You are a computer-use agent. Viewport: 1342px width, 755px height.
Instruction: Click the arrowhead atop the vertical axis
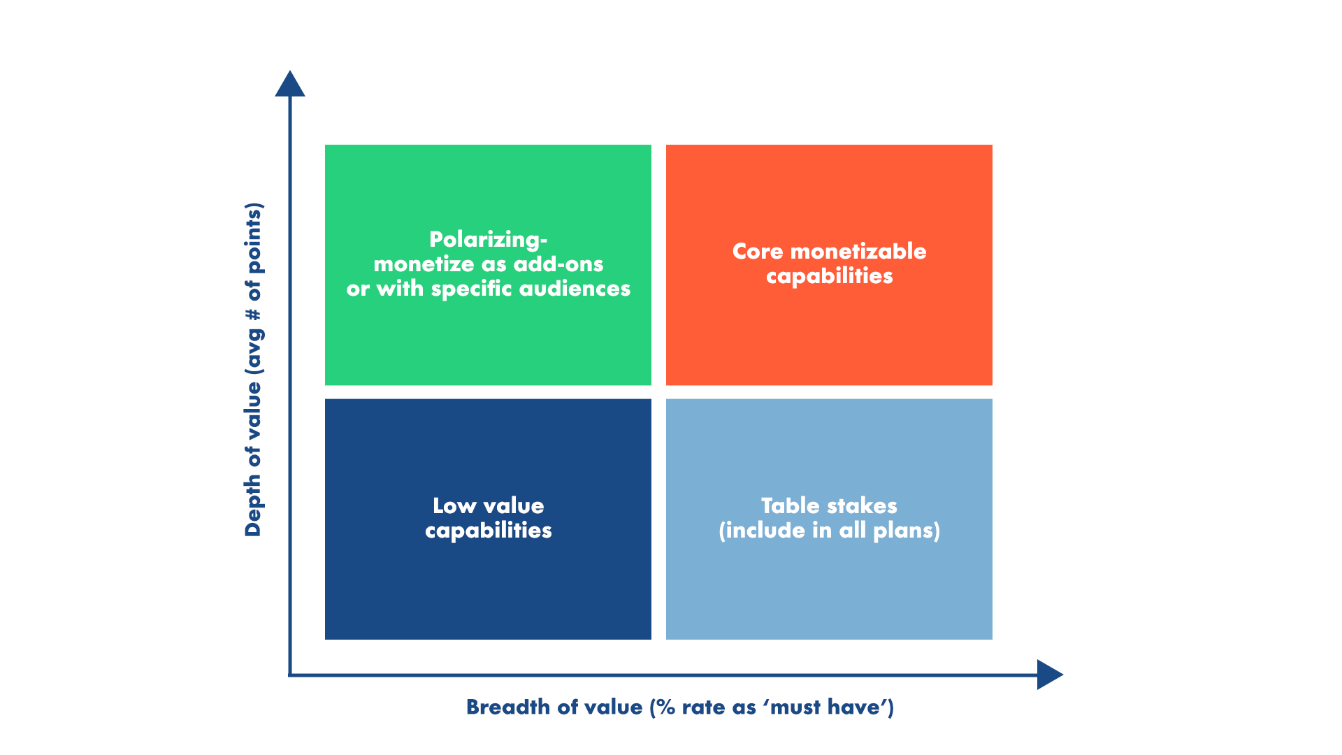click(290, 85)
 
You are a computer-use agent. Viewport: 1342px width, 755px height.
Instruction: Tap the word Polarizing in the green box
click(486, 240)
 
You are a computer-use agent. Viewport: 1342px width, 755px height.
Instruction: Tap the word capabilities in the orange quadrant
click(829, 276)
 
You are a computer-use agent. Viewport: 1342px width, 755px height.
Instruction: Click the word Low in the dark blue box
click(454, 506)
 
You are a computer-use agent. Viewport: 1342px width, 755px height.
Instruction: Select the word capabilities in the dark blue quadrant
click(488, 531)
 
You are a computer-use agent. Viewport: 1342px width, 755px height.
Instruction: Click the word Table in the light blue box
click(790, 506)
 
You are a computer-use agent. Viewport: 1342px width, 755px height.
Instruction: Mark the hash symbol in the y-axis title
click(252, 315)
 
